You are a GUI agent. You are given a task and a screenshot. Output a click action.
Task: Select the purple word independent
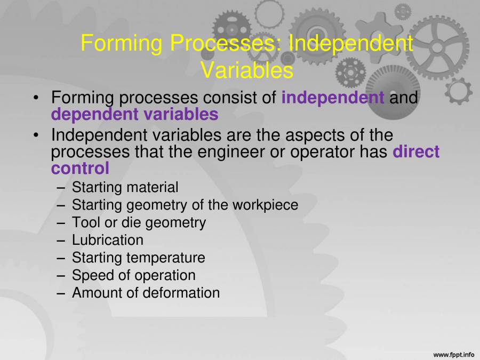[332, 98]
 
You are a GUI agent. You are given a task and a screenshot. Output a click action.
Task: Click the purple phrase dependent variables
[134, 114]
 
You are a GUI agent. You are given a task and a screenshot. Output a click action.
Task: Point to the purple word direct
[416, 151]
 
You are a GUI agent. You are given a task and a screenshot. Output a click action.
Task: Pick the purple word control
[80, 168]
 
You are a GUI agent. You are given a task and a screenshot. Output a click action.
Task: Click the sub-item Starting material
[125, 187]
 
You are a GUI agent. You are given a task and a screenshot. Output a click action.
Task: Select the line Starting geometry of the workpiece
[185, 205]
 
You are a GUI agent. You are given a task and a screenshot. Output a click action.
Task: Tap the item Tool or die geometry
[139, 222]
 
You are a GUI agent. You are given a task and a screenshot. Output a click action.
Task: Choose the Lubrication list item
[107, 240]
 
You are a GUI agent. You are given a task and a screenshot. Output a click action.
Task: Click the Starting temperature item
[138, 258]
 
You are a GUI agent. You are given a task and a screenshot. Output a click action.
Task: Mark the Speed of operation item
[133, 275]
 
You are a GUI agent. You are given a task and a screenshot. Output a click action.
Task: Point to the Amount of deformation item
[146, 293]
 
